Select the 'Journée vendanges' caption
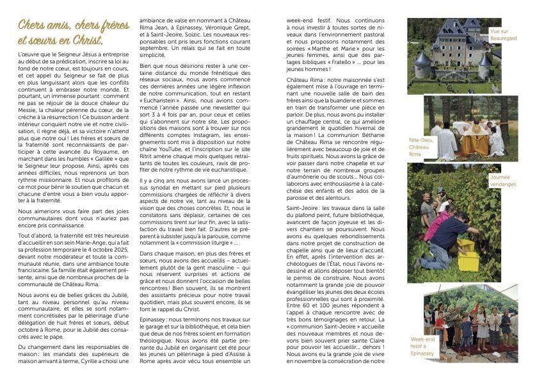click(503, 181)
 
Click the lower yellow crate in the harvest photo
click(469, 261)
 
